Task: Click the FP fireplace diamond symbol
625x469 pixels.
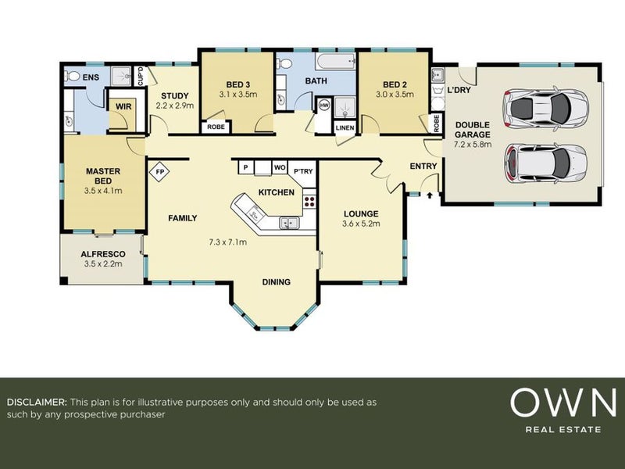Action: [x=159, y=172]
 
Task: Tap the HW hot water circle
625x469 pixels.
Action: [x=324, y=106]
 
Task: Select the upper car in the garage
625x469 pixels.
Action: [x=545, y=107]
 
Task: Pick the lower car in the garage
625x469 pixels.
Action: [x=545, y=163]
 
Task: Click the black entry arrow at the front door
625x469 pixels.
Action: [x=430, y=195]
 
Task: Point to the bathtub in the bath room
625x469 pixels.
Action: [x=336, y=62]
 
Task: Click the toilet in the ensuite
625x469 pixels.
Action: [x=72, y=76]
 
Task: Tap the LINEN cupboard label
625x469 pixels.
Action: [x=345, y=128]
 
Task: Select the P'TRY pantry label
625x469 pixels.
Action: [x=303, y=171]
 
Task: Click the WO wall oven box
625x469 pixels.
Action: [x=280, y=167]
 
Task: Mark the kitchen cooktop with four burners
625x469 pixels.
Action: [x=309, y=199]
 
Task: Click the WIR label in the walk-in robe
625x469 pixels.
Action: [x=123, y=107]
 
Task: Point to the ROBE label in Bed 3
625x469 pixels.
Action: [x=216, y=127]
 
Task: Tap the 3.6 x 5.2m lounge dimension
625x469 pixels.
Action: [x=361, y=224]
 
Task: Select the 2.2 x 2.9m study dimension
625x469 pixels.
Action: [x=175, y=106]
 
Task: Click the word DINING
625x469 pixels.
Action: [x=277, y=282]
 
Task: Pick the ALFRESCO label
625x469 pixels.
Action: [x=103, y=254]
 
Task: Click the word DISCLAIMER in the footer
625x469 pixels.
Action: [x=36, y=402]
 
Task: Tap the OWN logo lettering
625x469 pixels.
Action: [x=563, y=403]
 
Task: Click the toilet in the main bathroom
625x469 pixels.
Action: [x=284, y=63]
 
